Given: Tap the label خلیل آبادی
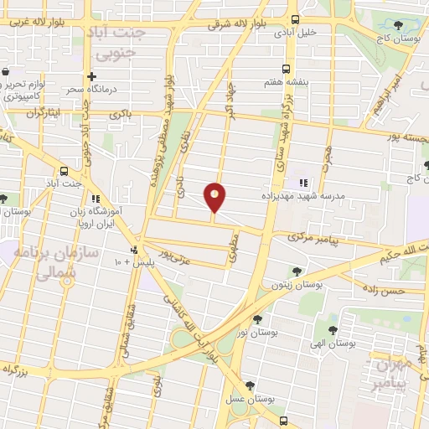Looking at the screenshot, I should [x=302, y=32].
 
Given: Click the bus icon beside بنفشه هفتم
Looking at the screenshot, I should [x=287, y=70].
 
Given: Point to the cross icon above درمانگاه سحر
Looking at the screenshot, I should [x=102, y=77].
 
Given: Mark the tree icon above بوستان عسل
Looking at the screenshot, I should [x=249, y=386].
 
